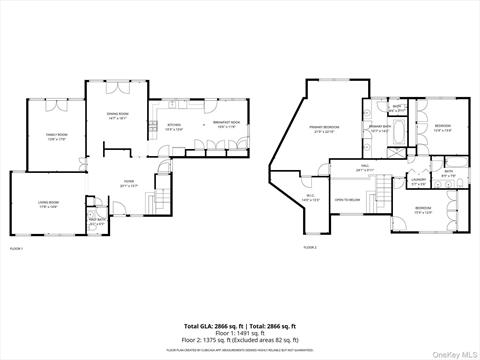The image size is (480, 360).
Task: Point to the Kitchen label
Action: pyautogui.click(x=174, y=126)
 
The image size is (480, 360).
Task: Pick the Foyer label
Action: pyautogui.click(x=128, y=184)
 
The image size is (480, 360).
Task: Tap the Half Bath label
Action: pyautogui.click(x=97, y=222)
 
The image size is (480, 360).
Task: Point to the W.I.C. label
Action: pyautogui.click(x=310, y=197)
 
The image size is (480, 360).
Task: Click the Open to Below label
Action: pyautogui.click(x=347, y=199)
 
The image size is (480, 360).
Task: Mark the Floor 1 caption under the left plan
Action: pyautogui.click(x=16, y=247)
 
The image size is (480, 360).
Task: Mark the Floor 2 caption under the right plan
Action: pyautogui.click(x=310, y=247)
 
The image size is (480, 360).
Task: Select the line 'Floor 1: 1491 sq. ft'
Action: pyautogui.click(x=240, y=333)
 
